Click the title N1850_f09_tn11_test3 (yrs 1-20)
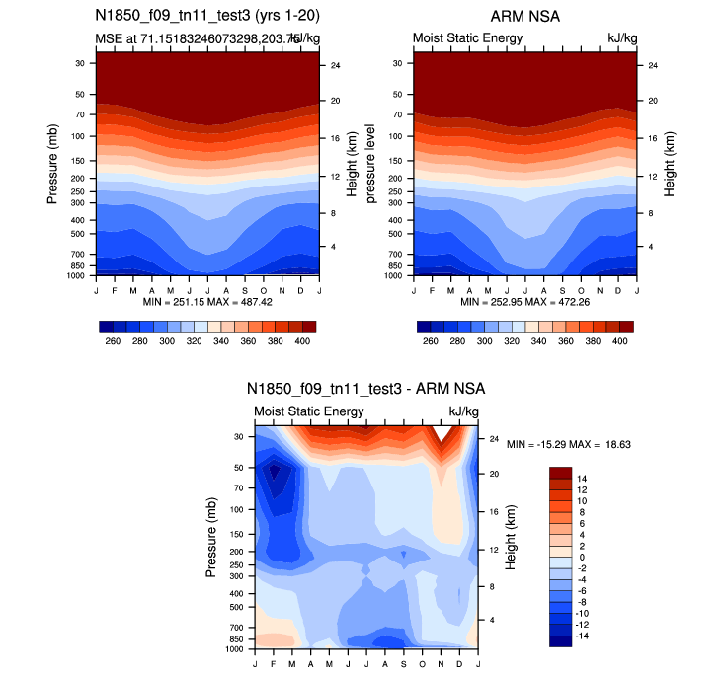click(x=207, y=16)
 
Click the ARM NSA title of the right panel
click(x=524, y=16)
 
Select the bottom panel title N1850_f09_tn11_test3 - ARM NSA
click(x=365, y=389)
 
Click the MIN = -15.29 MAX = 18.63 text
click(x=569, y=445)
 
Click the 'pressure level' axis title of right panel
click(x=373, y=164)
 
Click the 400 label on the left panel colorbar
click(x=303, y=340)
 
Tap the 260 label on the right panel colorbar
click(x=429, y=340)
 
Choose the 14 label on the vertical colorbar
click(x=582, y=477)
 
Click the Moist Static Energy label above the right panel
click(x=467, y=38)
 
